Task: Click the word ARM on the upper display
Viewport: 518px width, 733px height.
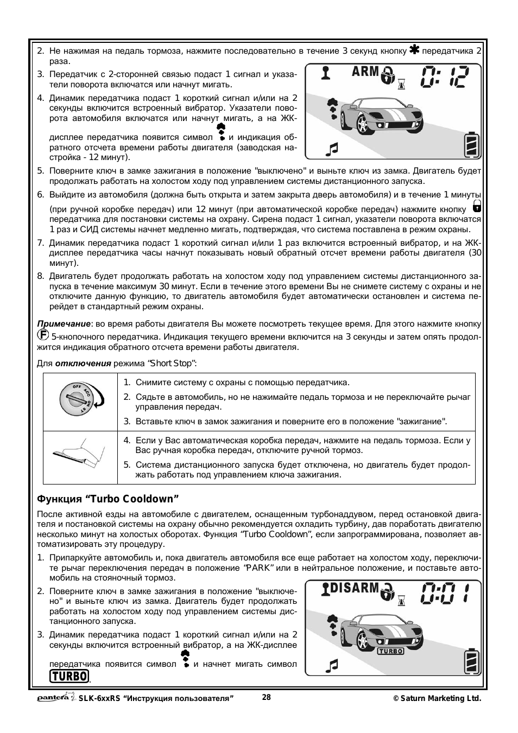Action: coord(365,72)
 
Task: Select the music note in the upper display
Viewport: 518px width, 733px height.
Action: coord(332,148)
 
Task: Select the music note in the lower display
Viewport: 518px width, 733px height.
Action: coord(332,665)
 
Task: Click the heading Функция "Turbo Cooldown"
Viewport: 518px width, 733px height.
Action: coord(108,499)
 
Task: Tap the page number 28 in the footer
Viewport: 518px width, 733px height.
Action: coord(266,698)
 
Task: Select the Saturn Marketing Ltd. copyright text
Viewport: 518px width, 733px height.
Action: coord(438,699)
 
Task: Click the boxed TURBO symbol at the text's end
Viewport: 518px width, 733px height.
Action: coord(69,676)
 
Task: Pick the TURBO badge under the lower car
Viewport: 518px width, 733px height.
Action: coord(390,651)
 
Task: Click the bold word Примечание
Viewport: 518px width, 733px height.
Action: coord(63,324)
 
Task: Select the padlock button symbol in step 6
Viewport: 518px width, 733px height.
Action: coord(477,206)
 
